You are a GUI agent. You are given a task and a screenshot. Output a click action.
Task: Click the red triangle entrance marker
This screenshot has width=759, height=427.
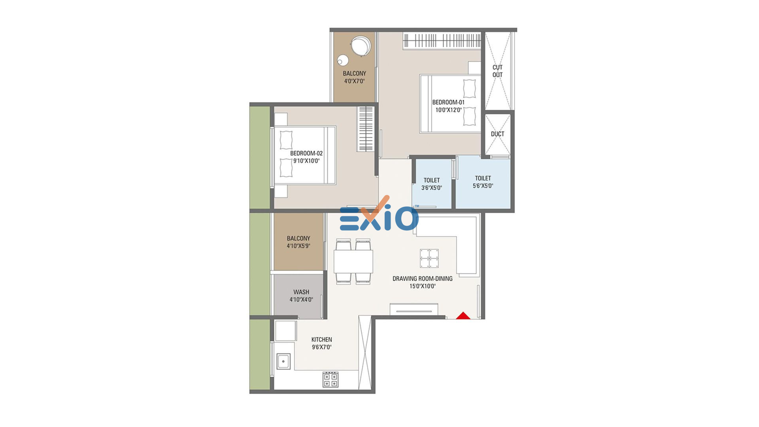click(x=463, y=316)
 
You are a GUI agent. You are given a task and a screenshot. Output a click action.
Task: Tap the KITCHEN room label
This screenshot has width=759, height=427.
click(x=322, y=340)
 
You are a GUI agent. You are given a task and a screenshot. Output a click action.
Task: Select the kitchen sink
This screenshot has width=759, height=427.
click(x=283, y=361)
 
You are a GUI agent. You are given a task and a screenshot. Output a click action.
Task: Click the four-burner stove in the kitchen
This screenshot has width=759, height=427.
click(x=330, y=380)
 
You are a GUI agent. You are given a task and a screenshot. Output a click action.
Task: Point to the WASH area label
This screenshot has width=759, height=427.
click(x=301, y=292)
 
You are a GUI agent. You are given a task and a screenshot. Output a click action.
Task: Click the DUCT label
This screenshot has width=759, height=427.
click(x=498, y=134)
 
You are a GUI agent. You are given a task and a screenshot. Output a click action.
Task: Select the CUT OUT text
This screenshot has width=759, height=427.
click(x=498, y=71)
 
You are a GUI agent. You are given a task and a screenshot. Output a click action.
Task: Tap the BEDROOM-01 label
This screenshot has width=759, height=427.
click(x=448, y=102)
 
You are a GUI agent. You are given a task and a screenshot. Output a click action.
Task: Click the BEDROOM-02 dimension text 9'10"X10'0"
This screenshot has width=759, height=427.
click(x=306, y=161)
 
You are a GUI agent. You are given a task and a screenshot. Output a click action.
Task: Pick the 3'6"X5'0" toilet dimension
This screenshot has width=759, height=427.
click(x=432, y=188)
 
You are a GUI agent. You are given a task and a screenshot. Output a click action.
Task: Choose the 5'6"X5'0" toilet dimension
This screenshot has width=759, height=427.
click(x=483, y=186)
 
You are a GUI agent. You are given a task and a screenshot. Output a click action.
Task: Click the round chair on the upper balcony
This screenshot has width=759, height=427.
click(x=361, y=46)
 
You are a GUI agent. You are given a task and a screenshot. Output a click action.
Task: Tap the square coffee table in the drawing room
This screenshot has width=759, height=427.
click(x=429, y=259)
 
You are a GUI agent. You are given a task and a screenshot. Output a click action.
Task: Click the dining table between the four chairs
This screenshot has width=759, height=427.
click(x=353, y=261)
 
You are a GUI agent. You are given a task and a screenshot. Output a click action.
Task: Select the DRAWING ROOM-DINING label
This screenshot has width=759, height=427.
click(x=423, y=279)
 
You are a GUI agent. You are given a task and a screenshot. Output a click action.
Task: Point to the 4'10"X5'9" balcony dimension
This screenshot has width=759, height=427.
click(x=298, y=246)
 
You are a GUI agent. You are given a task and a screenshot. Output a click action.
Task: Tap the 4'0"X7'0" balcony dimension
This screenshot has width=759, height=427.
click(x=355, y=81)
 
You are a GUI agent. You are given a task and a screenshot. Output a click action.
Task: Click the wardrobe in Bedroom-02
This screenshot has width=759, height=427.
click(x=365, y=129)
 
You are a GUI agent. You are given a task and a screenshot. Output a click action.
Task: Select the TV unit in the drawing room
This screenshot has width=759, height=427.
click(x=414, y=309)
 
